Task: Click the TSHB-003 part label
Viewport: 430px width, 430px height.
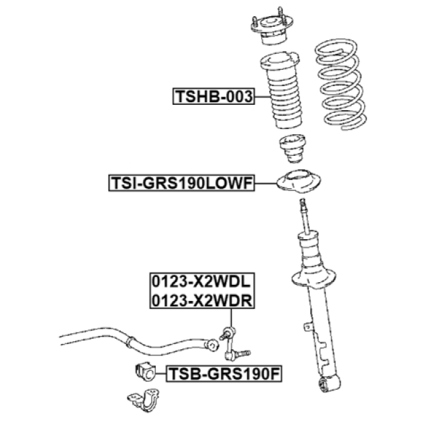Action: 213,96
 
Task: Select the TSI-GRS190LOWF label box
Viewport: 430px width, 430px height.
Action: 182,183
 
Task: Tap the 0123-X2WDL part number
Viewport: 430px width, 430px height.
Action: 201,282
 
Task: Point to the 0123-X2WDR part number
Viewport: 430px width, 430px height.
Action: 202,300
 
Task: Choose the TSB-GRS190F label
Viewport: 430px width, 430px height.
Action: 224,374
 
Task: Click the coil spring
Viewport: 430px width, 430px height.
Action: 341,84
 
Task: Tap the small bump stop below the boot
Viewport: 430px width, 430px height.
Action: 292,149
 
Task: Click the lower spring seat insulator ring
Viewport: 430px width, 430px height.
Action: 298,181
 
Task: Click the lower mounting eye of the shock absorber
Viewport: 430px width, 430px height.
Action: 330,383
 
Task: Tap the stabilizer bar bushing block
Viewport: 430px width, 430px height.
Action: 146,372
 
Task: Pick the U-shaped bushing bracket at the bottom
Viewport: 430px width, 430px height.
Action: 144,400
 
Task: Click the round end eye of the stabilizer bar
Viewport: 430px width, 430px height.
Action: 212,345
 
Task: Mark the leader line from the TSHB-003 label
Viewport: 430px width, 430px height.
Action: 262,97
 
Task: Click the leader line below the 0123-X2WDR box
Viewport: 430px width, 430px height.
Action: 231,318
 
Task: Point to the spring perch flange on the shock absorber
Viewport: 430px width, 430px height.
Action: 313,278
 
